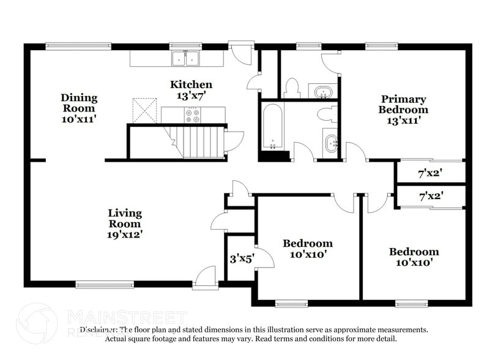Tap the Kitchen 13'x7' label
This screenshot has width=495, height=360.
point(191,90)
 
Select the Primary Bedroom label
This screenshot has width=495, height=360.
point(403,110)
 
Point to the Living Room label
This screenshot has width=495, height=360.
point(125,223)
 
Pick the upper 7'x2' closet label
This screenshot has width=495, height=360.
point(430,173)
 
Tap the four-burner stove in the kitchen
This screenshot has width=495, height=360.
point(193,114)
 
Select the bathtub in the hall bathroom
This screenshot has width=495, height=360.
point(272,127)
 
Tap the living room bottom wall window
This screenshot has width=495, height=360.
point(105,284)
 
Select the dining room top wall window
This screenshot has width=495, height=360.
point(78,45)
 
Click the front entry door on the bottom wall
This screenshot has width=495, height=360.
point(204,278)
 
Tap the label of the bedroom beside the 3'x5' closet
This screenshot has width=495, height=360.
point(308,249)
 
